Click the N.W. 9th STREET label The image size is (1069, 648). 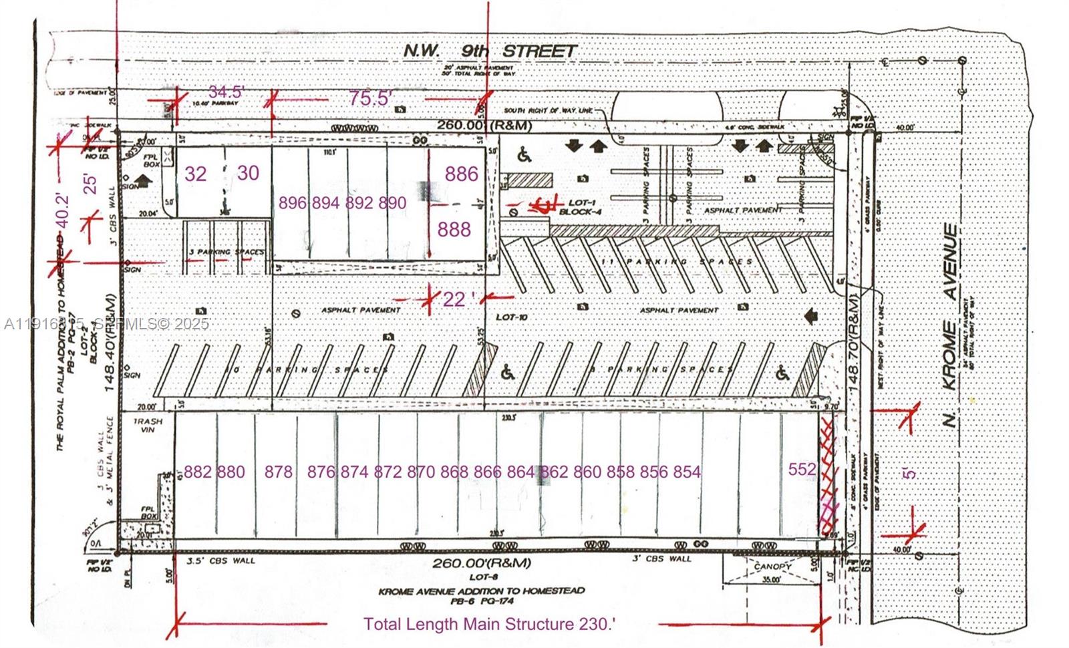click(490, 51)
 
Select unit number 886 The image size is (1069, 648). click(462, 174)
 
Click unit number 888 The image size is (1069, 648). click(454, 230)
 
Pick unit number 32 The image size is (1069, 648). click(195, 174)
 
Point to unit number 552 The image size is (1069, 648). click(802, 470)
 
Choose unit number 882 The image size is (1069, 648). click(198, 472)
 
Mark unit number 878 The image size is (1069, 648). click(278, 472)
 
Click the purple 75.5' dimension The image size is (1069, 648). click(369, 98)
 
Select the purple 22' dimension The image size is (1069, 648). click(455, 299)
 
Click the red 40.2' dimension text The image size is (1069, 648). click(62, 210)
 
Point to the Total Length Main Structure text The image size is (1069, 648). click(489, 624)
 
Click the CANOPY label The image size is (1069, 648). click(773, 566)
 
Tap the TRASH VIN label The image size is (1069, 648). click(144, 426)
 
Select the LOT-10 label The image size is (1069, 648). click(512, 317)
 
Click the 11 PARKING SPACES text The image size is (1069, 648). click(677, 262)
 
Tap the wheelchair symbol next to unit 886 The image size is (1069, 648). click(524, 156)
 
